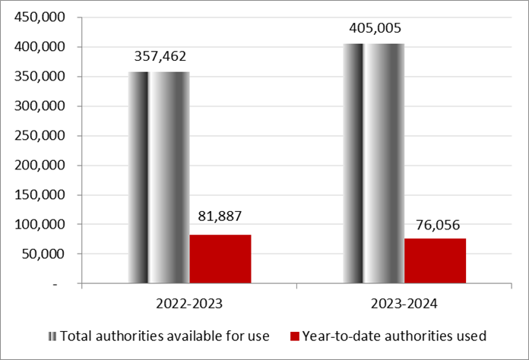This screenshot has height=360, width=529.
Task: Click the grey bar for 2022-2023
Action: pyautogui.click(x=159, y=177)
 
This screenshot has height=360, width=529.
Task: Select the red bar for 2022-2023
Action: pyautogui.click(x=220, y=259)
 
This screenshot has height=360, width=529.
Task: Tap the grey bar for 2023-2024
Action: pyautogui.click(x=374, y=163)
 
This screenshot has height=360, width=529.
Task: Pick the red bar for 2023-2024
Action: pyautogui.click(x=436, y=261)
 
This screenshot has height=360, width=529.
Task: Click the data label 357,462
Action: pyautogui.click(x=160, y=56)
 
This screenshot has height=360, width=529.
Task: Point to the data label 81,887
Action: pyautogui.click(x=220, y=216)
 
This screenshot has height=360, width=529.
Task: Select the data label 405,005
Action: pyautogui.click(x=375, y=28)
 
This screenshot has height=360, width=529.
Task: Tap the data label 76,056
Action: pyautogui.click(x=438, y=225)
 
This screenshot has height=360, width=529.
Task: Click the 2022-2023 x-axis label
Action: pyautogui.click(x=189, y=304)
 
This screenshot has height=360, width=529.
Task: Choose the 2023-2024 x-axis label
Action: pyautogui.click(x=404, y=304)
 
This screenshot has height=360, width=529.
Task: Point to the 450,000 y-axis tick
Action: pyautogui.click(x=40, y=17)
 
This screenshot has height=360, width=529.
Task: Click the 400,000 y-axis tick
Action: pyautogui.click(x=40, y=46)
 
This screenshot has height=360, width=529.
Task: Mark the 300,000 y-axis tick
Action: pyautogui.click(x=40, y=106)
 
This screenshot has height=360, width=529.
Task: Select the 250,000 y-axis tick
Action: pyautogui.click(x=40, y=135)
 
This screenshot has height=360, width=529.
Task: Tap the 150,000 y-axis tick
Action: pyautogui.click(x=40, y=195)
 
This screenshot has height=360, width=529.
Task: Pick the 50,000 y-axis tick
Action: pyautogui.click(x=43, y=254)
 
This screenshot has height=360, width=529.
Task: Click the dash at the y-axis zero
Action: pyautogui.click(x=55, y=285)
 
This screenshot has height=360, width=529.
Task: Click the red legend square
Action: pyautogui.click(x=295, y=336)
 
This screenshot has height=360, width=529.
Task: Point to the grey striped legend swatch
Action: pyautogui.click(x=52, y=336)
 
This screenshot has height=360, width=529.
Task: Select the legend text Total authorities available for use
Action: pyautogui.click(x=165, y=336)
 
